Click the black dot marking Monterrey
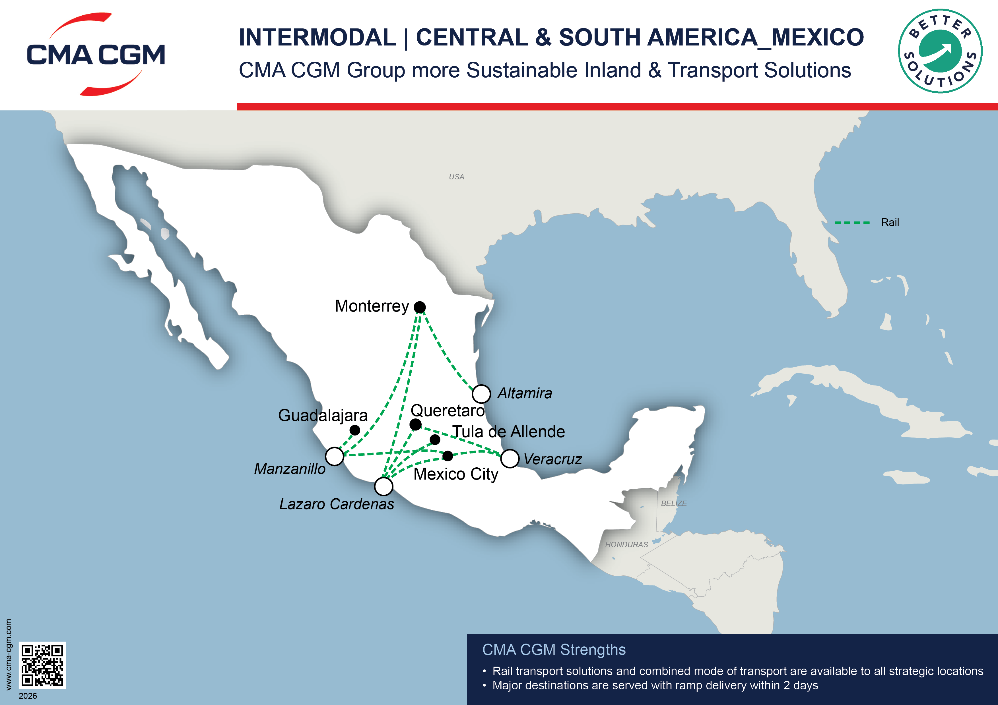419,307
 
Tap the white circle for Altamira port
481,393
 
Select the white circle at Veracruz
510,458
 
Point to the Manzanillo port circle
335,456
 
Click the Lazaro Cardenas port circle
383,486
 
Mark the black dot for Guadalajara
355,430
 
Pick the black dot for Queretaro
416,424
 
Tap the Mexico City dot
448,456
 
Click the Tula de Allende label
509,431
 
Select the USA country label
456,177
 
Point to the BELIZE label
674,503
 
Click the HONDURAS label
626,544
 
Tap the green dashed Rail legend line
852,222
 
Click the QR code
42,665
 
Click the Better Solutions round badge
940,51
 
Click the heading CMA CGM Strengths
554,649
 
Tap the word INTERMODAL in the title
317,37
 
